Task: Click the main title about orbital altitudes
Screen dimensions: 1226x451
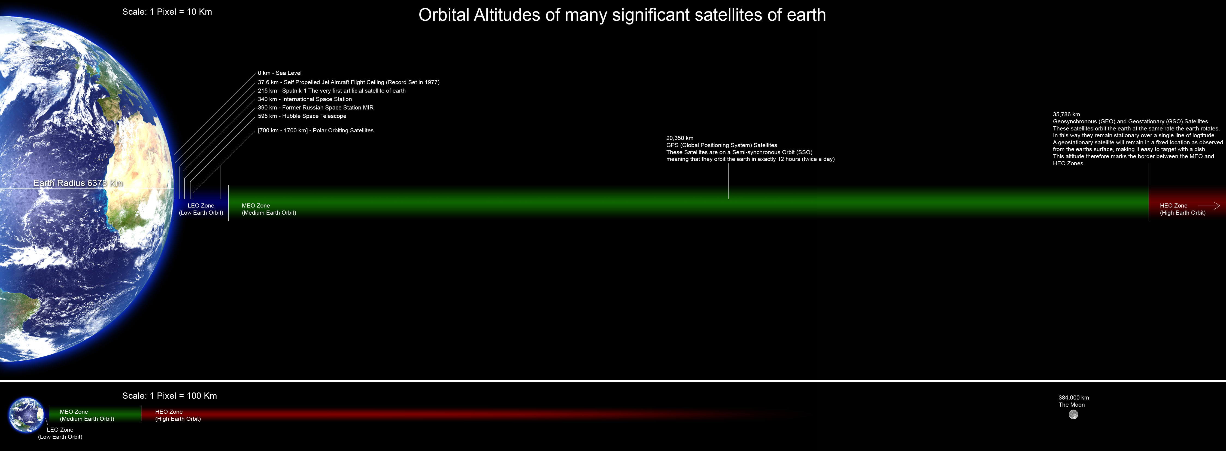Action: [622, 15]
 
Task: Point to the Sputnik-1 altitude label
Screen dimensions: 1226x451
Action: [332, 90]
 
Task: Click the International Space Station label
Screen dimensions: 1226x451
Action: [305, 99]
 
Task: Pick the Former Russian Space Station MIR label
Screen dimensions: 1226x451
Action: [315, 108]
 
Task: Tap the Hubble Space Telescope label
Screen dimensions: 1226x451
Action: [302, 116]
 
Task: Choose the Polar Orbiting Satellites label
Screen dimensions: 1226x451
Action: [315, 130]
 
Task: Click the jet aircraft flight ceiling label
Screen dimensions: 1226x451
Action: [348, 82]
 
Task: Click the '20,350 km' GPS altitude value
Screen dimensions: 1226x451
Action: [680, 138]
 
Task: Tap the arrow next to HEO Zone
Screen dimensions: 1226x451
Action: [1209, 206]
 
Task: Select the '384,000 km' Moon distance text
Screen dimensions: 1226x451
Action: [1074, 398]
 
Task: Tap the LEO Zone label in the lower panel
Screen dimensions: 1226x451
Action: [60, 433]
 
